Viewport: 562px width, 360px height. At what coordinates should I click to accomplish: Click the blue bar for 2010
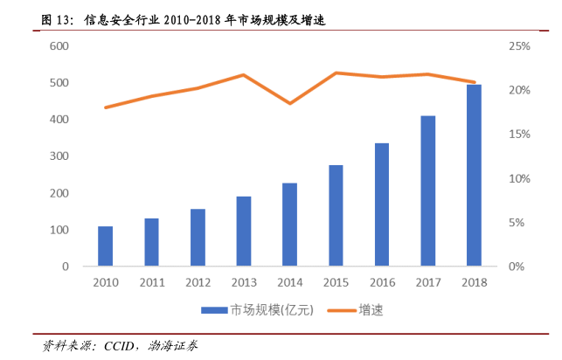pos(105,246)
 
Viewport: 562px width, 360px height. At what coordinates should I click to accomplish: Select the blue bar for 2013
pos(243,231)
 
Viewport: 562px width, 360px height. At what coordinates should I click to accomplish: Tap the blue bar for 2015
pos(337,215)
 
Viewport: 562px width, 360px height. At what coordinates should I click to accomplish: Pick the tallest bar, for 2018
pos(474,175)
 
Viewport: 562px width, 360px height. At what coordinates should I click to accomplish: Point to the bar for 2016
pos(382,204)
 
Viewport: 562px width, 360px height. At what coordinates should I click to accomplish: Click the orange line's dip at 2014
pos(290,103)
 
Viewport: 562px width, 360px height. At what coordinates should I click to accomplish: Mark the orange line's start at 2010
pos(105,107)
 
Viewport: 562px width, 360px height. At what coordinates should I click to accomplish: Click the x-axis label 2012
pos(198,281)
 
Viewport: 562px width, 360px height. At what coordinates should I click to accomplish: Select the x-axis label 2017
pos(427,281)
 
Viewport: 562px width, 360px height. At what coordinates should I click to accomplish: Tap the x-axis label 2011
pos(151,281)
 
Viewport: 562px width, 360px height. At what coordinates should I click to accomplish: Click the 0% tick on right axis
pos(516,267)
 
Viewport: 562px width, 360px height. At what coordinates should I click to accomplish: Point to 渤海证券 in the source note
pos(174,345)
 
